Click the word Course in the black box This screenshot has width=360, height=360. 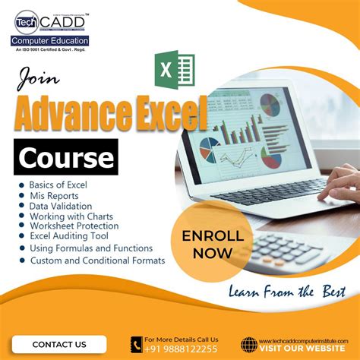(x=66, y=158)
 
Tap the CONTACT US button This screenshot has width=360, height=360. (x=59, y=344)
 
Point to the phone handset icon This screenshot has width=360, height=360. (x=136, y=344)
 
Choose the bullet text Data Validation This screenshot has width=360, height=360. (x=61, y=206)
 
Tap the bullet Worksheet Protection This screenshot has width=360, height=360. (x=74, y=226)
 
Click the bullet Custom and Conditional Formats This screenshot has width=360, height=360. (x=96, y=261)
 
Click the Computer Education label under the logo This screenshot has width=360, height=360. (x=51, y=40)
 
